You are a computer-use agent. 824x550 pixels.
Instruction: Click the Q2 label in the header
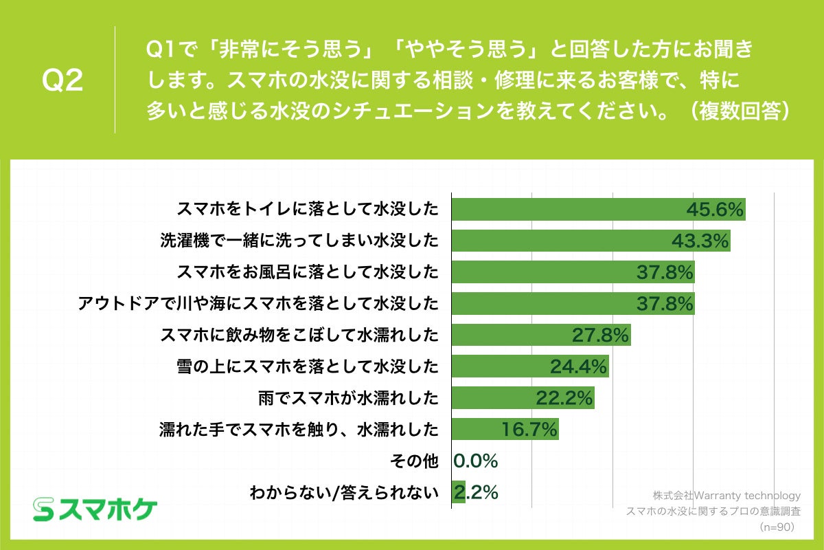[x=62, y=81]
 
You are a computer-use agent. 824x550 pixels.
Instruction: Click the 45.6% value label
[x=716, y=210]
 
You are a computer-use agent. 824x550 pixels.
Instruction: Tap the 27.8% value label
[x=601, y=335]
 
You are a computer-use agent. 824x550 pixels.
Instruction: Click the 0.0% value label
[x=476, y=461]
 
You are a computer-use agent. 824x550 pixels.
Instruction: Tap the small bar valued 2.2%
[x=458, y=492]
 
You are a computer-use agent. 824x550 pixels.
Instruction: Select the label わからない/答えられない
[x=343, y=493]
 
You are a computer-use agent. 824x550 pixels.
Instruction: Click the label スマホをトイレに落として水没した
[x=307, y=209]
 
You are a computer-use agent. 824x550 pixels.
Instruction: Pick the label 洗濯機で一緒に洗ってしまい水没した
[x=299, y=241]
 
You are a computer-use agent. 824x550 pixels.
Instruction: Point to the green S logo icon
[x=43, y=509]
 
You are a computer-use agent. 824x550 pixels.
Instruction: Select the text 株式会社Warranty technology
[x=726, y=496]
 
